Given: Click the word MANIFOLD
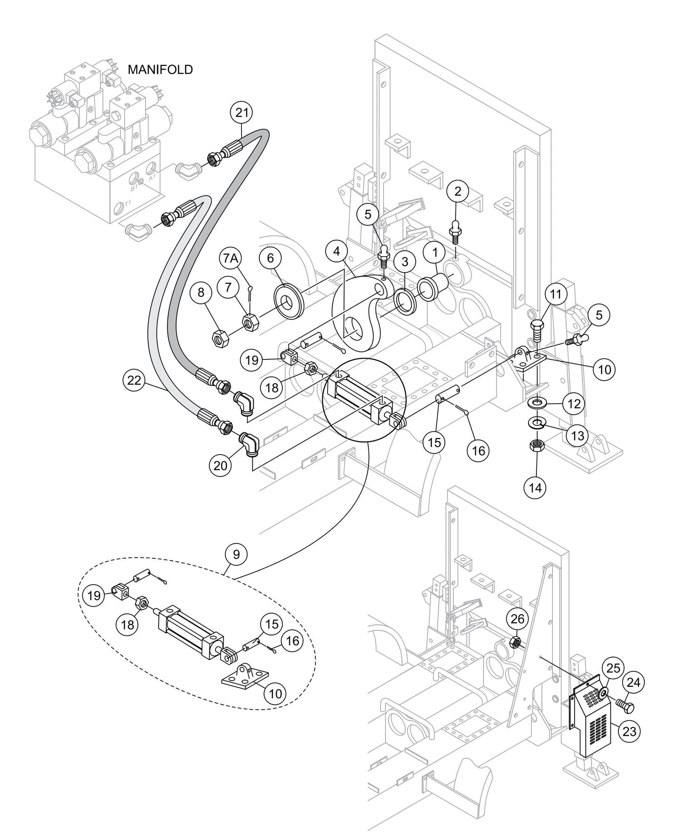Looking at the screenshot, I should [x=160, y=70].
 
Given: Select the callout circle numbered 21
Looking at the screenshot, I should [x=241, y=113].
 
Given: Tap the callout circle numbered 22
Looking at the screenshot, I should [x=135, y=380].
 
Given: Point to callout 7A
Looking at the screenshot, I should [x=231, y=259].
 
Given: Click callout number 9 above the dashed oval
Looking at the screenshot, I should [x=236, y=554].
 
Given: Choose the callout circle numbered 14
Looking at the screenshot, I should [x=535, y=488].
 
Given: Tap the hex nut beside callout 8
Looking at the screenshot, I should [x=220, y=337].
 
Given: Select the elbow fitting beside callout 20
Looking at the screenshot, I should [x=250, y=444].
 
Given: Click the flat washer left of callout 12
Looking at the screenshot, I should [x=537, y=404].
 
